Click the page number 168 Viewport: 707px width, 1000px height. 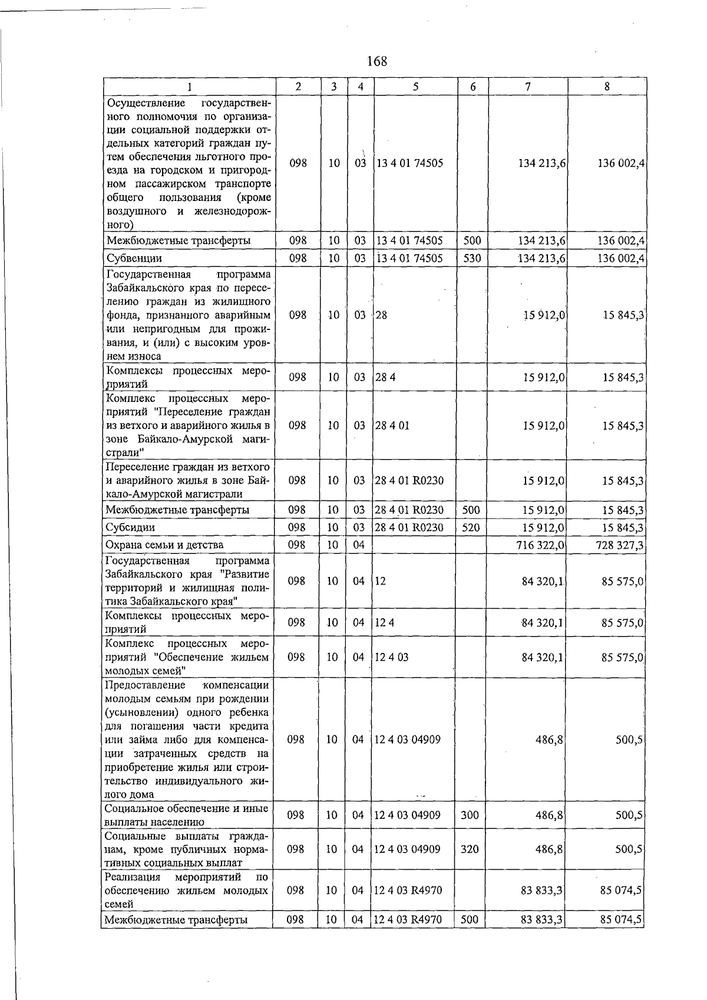376,61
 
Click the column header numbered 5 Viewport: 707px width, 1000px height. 415,87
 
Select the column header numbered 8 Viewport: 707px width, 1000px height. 606,87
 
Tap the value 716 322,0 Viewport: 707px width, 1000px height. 540,545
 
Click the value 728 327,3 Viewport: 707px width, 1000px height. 619,545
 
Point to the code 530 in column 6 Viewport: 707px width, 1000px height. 472,258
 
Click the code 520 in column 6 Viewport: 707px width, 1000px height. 471,527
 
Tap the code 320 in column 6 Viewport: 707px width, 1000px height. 470,849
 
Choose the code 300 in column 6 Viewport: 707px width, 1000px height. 470,816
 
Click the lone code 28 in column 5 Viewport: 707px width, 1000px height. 382,315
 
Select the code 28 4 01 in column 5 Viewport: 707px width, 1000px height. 392,425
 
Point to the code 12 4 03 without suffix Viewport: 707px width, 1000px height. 391,657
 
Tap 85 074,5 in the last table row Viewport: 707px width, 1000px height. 621,920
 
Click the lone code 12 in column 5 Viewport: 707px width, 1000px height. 380,581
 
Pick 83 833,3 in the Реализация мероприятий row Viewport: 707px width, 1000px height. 541,890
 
